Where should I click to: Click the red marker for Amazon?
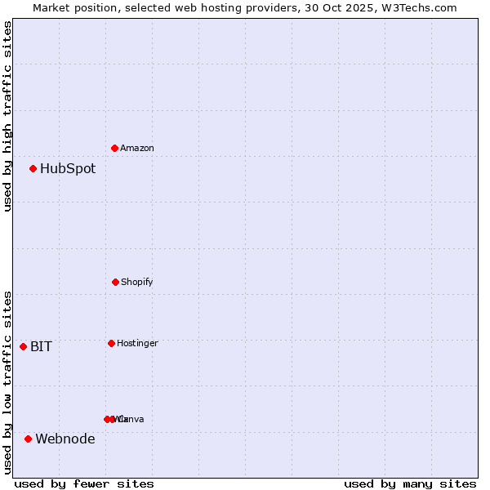[115, 148]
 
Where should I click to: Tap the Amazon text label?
[137, 148]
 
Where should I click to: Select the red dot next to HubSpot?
[33, 169]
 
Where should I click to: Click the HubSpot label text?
[68, 169]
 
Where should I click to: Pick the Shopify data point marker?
[115, 282]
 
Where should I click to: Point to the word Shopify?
[137, 282]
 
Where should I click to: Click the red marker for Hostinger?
[111, 343]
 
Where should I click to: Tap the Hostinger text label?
[137, 343]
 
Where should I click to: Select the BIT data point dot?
[24, 346]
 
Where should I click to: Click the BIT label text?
[42, 346]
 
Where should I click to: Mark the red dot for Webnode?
[29, 439]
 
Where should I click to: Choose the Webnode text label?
[65, 439]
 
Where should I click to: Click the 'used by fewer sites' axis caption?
[84, 483]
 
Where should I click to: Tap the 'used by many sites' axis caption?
[410, 483]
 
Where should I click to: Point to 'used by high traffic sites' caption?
[7, 116]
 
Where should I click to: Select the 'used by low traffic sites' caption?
[7, 382]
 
